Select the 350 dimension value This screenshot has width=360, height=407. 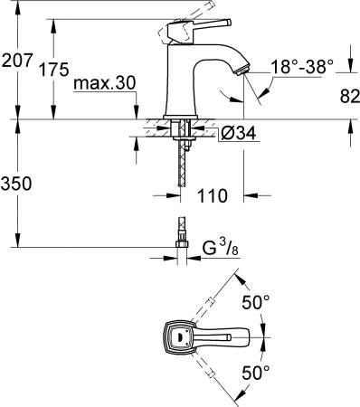click(17, 183)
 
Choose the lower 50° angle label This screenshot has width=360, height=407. click(256, 372)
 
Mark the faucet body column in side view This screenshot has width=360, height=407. click(184, 86)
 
